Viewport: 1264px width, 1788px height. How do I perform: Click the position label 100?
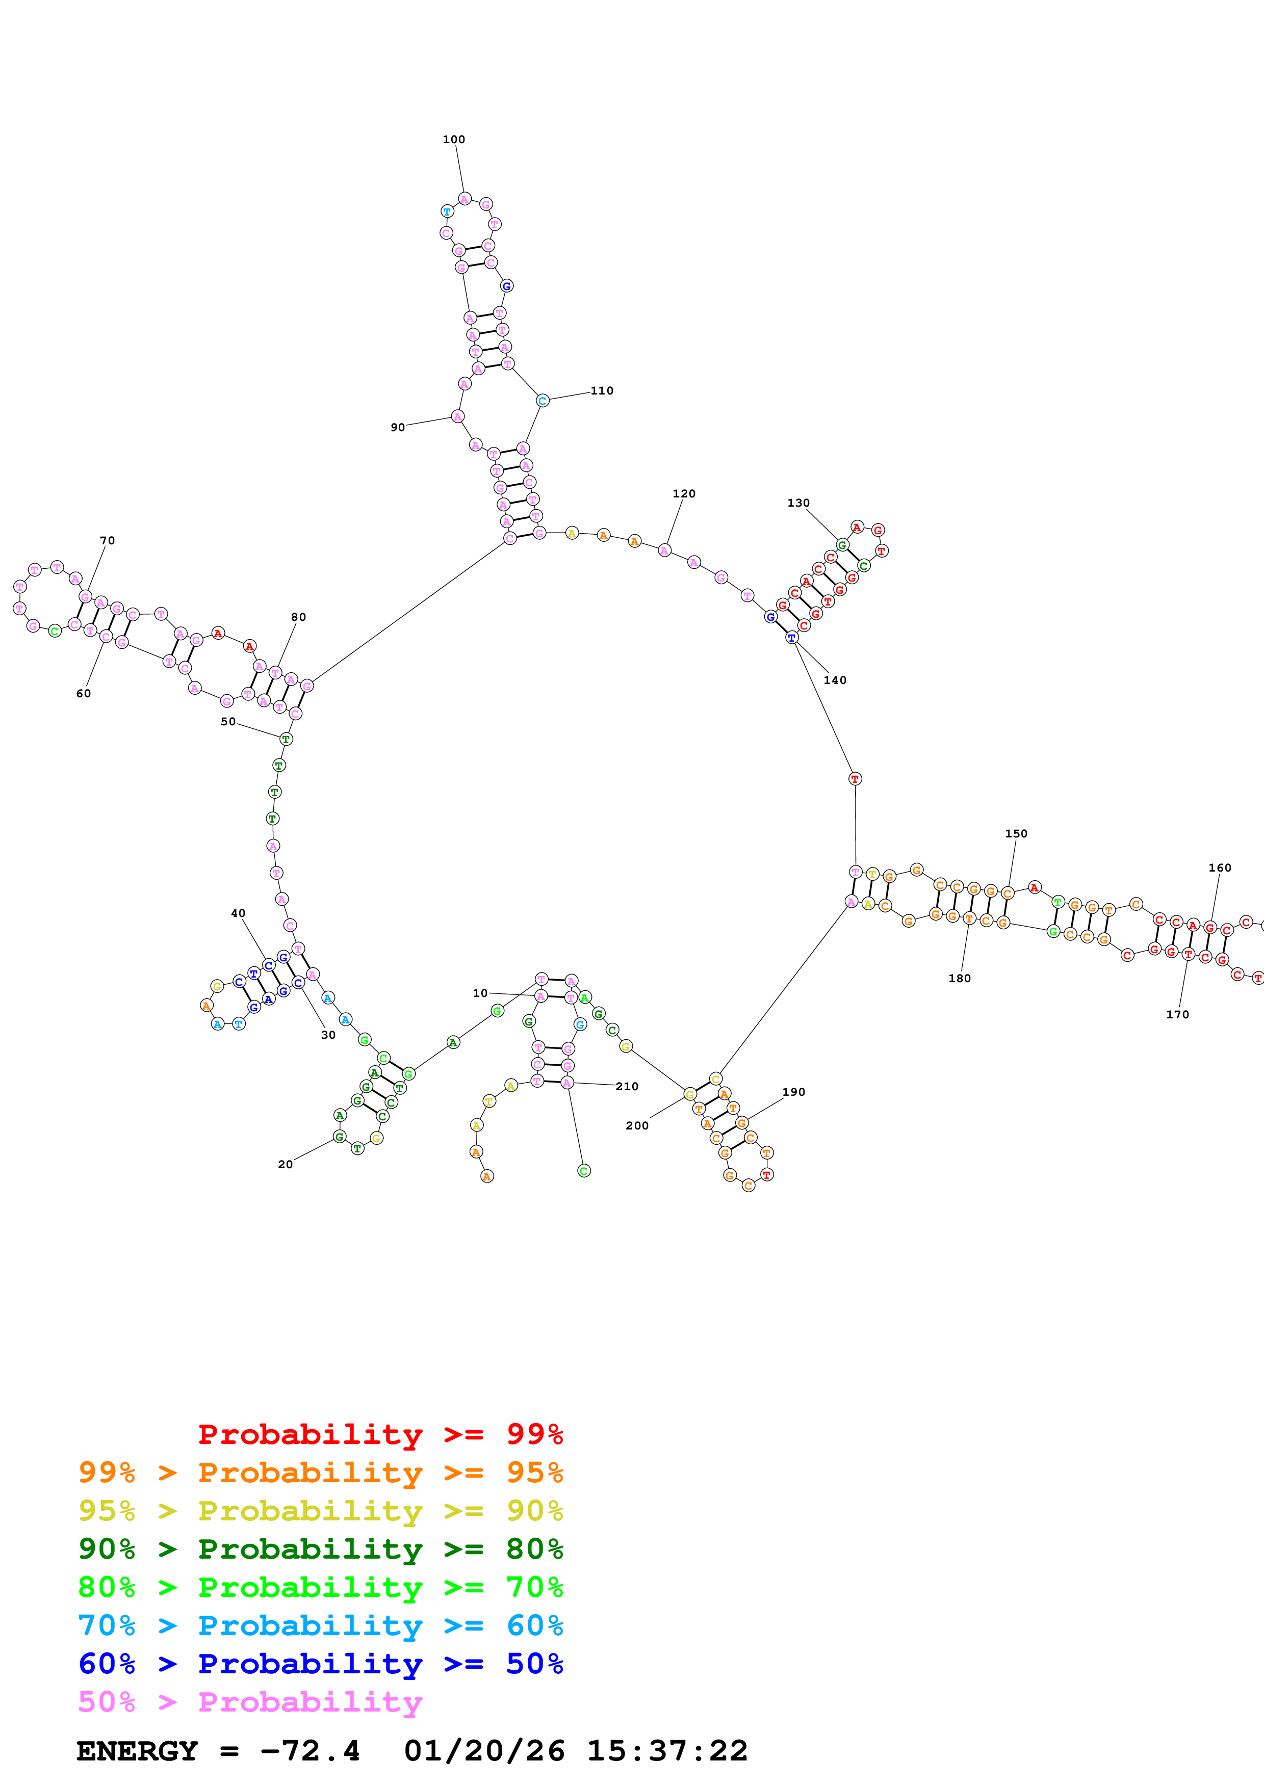[453, 139]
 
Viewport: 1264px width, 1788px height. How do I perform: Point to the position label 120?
[684, 494]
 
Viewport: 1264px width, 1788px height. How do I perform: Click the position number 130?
[798, 503]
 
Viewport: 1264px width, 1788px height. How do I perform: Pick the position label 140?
[835, 680]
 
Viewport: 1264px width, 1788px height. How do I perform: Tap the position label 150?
[1016, 833]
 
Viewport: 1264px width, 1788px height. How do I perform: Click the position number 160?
[1220, 867]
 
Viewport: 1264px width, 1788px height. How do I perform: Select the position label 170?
[1177, 1014]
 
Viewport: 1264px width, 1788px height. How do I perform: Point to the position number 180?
[960, 978]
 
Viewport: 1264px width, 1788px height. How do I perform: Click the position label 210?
[627, 1086]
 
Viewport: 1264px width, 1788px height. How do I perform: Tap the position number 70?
[108, 540]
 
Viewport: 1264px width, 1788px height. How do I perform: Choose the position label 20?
[285, 1164]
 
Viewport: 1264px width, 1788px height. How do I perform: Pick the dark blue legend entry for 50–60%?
[320, 1664]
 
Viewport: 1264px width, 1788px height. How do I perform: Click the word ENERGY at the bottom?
[137, 1751]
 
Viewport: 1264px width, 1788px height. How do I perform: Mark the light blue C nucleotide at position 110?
[543, 401]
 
